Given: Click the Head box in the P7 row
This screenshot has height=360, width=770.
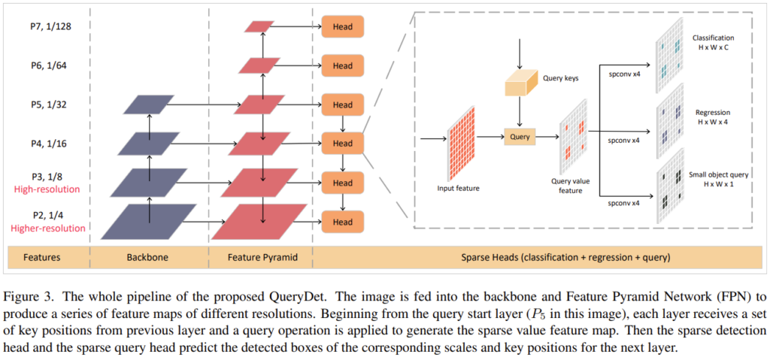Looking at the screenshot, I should click(342, 27).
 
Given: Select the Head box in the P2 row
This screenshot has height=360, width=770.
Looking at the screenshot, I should click(342, 222).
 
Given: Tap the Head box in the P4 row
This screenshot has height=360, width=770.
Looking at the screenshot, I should click(342, 143).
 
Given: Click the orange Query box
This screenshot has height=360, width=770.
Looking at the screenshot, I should click(520, 138).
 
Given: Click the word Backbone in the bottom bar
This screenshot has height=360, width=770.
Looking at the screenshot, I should click(149, 257).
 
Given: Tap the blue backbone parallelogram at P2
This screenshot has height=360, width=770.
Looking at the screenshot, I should click(148, 221).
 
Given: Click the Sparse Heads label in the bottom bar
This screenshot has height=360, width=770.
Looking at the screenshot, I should click(540, 257).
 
